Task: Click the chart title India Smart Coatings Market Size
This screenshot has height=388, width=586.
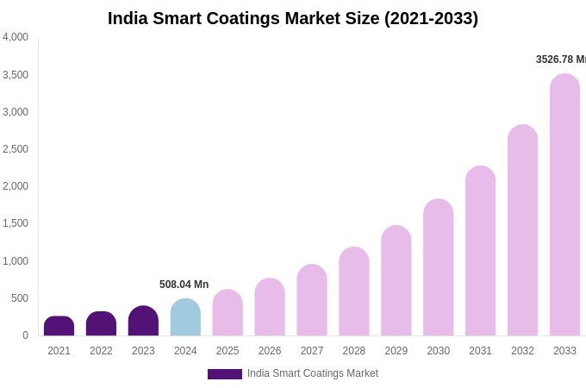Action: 292,18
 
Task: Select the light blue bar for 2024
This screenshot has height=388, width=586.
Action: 185,317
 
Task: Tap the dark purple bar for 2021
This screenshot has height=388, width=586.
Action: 59,326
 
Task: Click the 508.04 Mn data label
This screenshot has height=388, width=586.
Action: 184,285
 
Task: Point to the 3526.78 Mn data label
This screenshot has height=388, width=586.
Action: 560,59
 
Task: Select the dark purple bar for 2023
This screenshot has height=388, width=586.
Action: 143,321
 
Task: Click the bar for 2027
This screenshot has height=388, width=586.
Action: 312,300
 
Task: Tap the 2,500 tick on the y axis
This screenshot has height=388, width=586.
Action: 15,149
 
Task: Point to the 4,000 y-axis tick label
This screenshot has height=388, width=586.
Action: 15,37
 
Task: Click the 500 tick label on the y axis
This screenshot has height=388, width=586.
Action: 19,298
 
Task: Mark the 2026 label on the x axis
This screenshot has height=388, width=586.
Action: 270,351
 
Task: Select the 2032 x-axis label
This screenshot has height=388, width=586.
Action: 522,351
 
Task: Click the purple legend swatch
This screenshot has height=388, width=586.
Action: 224,374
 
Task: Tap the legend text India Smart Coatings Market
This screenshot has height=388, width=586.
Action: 313,373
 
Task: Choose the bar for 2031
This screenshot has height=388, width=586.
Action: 480,251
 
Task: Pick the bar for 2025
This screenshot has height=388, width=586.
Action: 228,313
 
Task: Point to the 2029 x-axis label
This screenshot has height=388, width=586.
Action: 396,351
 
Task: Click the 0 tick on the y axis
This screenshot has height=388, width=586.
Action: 25,335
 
